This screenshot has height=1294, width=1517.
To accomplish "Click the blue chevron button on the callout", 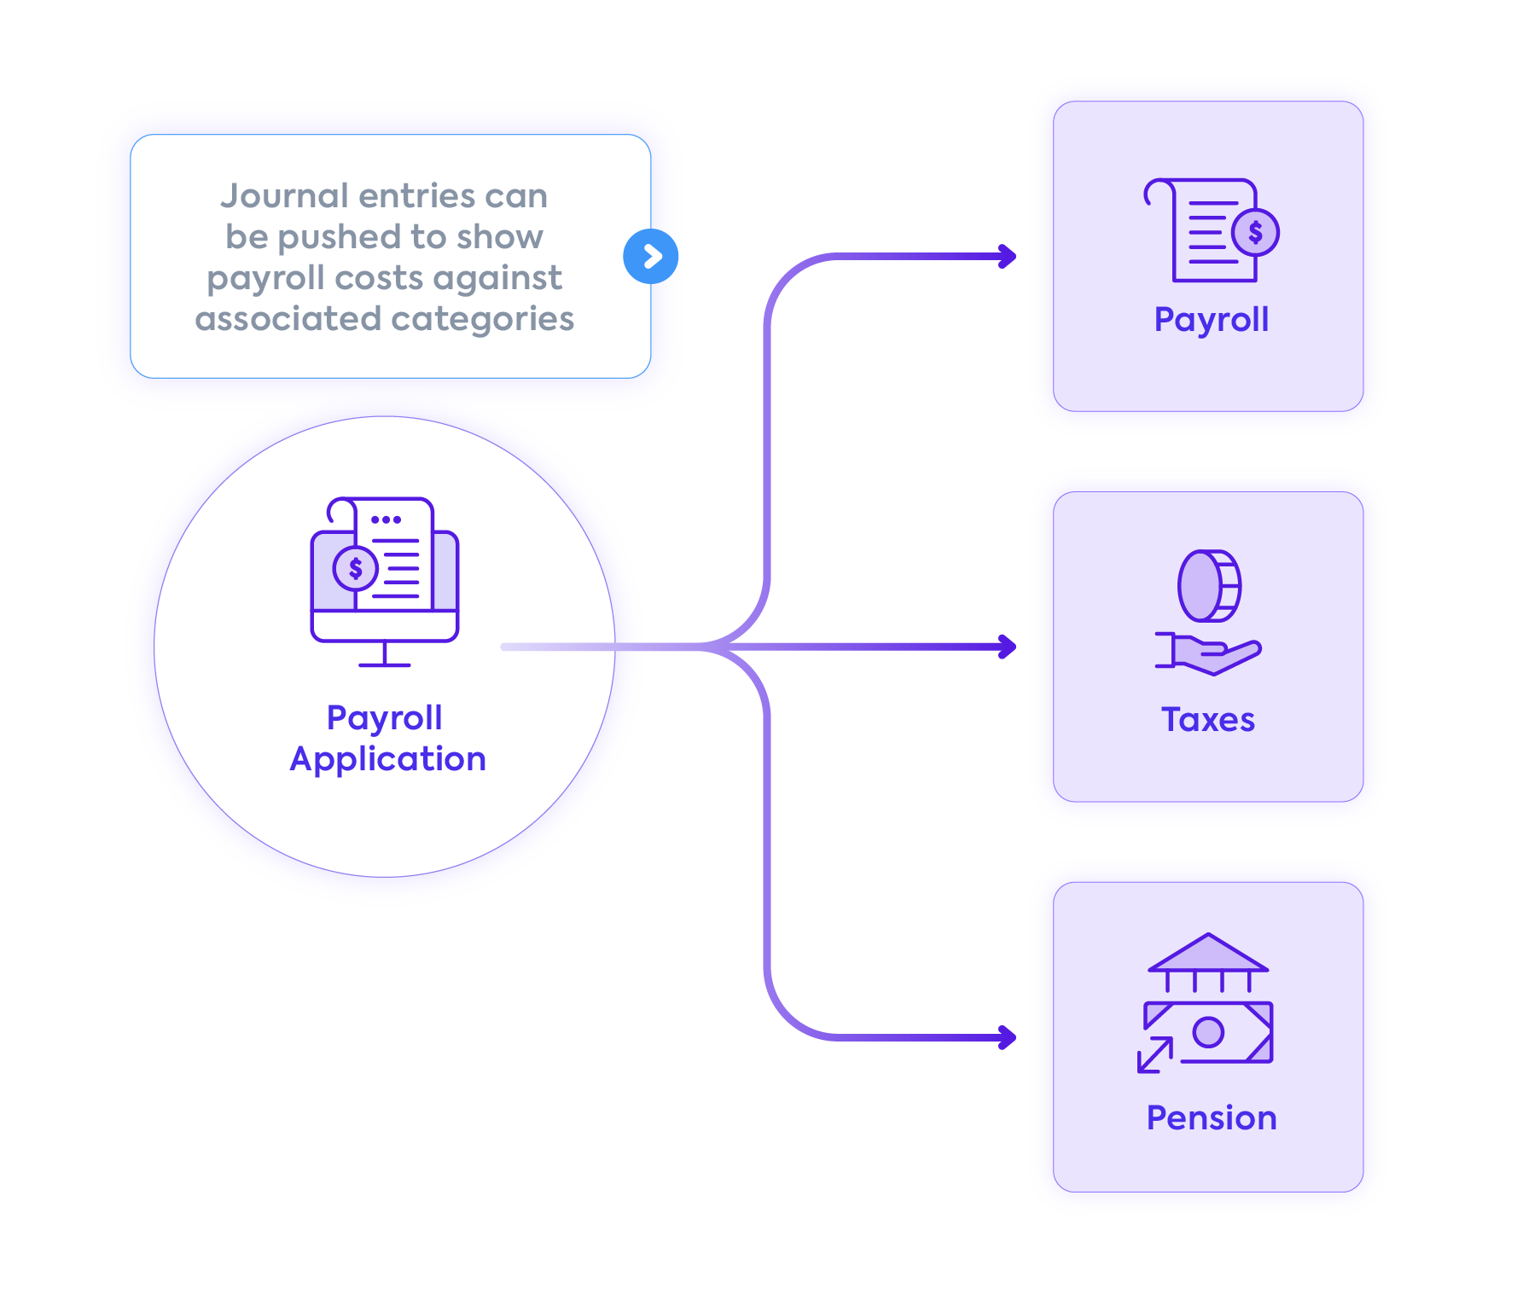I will tap(651, 256).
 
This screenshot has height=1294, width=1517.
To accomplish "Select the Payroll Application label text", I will tap(387, 738).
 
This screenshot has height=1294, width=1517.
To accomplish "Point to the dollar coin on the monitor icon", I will tap(355, 568).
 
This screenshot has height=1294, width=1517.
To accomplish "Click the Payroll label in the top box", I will tap(1211, 320).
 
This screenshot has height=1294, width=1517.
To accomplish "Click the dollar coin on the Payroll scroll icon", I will tap(1255, 232).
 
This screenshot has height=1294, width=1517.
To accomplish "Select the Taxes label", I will tap(1207, 720).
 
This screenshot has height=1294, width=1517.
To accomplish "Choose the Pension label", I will tap(1211, 1118).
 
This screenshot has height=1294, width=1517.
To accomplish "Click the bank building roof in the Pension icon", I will tap(1208, 953).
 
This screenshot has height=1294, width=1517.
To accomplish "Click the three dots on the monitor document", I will tap(386, 519).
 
